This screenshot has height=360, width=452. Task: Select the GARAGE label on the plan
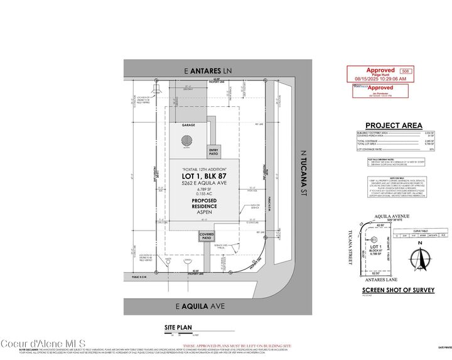pyautogui.click(x=188, y=125)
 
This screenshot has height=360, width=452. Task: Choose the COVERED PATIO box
pyautogui.click(x=207, y=237)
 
